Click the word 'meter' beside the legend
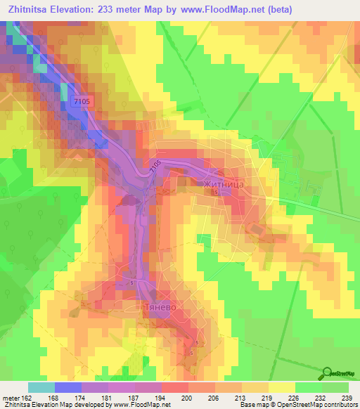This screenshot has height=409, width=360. point(9,398)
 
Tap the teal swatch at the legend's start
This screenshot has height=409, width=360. point(41,387)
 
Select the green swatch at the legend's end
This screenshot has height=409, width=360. point(335,387)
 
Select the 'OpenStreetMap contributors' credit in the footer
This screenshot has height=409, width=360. point(318,405)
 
